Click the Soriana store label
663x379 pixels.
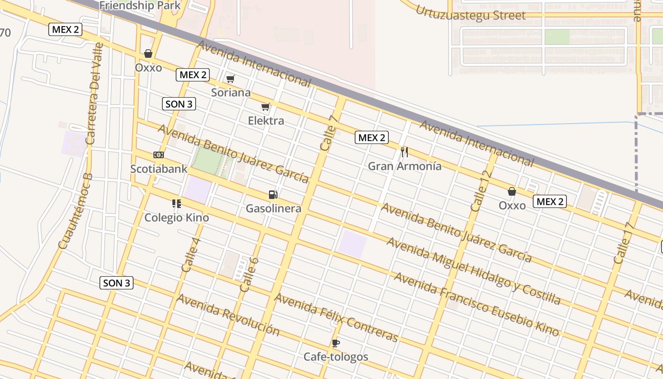click(231, 92)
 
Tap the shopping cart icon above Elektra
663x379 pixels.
click(266, 107)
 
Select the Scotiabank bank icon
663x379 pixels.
click(159, 155)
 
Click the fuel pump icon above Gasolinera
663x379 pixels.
click(273, 194)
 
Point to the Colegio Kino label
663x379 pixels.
click(177, 217)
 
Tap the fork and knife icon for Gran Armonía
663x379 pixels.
click(404, 152)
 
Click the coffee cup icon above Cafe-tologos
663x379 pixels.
click(336, 343)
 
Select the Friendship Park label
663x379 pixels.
click(141, 6)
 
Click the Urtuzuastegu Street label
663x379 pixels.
click(470, 13)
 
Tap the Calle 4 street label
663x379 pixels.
click(191, 255)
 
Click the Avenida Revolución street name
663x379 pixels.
click(228, 315)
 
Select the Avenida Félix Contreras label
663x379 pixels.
click(337, 317)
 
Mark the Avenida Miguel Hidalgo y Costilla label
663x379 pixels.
click(474, 271)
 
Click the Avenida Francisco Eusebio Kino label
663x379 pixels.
click(476, 304)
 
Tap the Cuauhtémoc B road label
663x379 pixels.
click(75, 211)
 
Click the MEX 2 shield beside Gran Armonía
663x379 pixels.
click(372, 138)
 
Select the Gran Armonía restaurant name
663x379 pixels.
click(404, 166)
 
